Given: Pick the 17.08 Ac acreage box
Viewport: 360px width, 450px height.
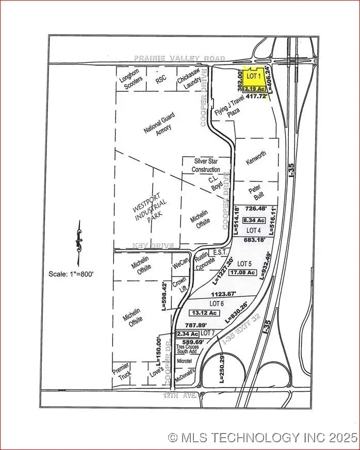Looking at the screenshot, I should click(x=243, y=272).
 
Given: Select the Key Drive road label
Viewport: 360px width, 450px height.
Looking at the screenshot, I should click(x=153, y=245).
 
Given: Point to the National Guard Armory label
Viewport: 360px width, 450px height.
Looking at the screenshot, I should click(x=160, y=125).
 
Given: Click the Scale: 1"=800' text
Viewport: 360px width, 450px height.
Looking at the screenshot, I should click(x=71, y=274).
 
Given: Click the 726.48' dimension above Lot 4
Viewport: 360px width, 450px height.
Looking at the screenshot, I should click(x=258, y=209).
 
